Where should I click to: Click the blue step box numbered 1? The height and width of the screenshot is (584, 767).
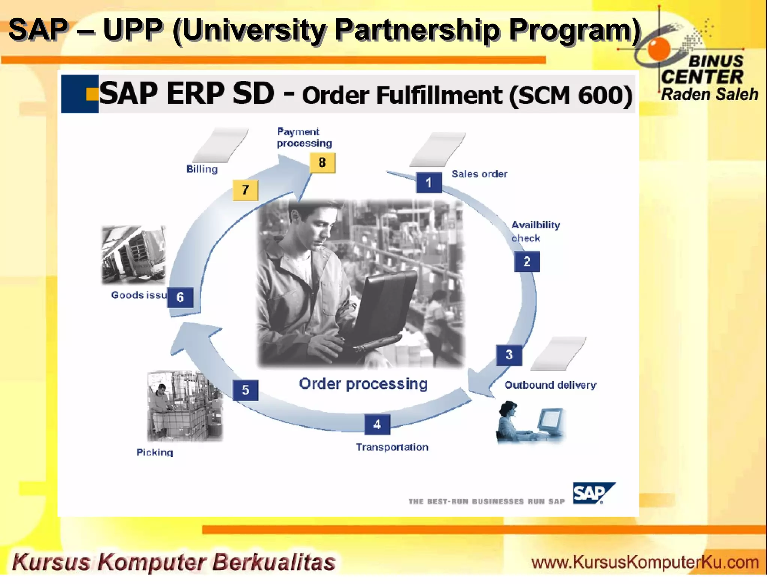click(x=429, y=183)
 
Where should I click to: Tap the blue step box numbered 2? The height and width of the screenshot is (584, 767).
click(x=527, y=261)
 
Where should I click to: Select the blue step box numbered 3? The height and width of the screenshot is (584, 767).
click(x=509, y=355)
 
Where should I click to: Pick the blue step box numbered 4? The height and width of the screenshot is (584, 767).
click(x=377, y=424)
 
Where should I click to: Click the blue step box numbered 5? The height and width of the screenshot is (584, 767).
click(x=245, y=390)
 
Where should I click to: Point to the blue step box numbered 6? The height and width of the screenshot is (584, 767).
click(x=180, y=297)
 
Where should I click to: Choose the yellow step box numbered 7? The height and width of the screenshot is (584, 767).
click(x=245, y=190)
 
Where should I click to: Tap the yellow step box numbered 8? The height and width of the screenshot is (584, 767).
click(x=322, y=163)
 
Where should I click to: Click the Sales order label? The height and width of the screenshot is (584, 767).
click(x=479, y=174)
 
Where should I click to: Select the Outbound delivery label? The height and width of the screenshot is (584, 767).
click(x=550, y=385)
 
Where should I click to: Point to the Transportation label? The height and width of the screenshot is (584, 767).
click(x=392, y=447)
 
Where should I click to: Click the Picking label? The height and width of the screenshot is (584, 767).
click(x=155, y=452)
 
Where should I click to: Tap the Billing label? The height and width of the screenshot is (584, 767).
click(x=202, y=169)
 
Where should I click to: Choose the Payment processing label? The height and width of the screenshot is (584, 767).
click(x=304, y=137)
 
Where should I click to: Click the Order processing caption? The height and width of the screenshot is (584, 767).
click(x=363, y=384)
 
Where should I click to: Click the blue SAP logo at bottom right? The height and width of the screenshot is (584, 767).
click(x=593, y=493)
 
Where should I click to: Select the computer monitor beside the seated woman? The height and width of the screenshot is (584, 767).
click(x=550, y=421)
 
